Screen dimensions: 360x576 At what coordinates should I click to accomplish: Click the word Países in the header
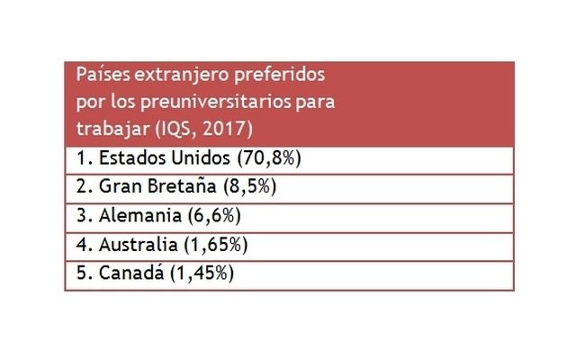click(100, 74)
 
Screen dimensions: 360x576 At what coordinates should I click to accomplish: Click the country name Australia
click(136, 244)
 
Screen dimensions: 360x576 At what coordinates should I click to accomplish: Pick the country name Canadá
click(127, 273)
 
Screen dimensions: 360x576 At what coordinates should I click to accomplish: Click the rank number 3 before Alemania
click(81, 216)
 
